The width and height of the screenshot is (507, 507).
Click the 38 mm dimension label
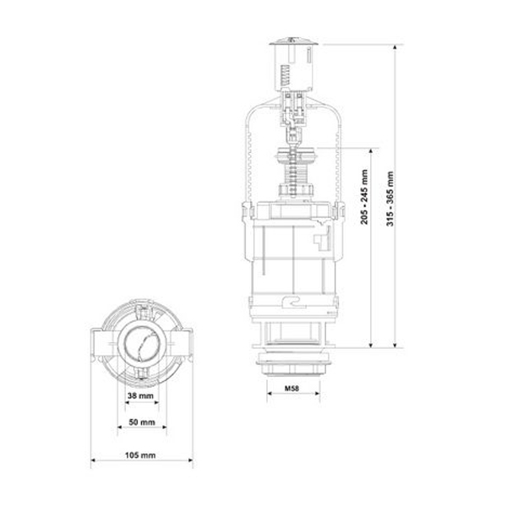140,395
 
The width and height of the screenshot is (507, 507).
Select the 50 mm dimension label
142,422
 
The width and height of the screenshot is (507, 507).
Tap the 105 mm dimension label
140,455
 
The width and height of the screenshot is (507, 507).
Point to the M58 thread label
292,389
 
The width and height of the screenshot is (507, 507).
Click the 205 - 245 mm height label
364,197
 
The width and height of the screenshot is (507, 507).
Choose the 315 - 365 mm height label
390,199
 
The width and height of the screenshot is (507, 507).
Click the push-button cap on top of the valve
294,41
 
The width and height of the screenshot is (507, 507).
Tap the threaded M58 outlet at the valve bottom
293,365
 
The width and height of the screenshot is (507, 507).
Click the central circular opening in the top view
143,343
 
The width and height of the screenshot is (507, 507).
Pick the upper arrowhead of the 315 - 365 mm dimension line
395,47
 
